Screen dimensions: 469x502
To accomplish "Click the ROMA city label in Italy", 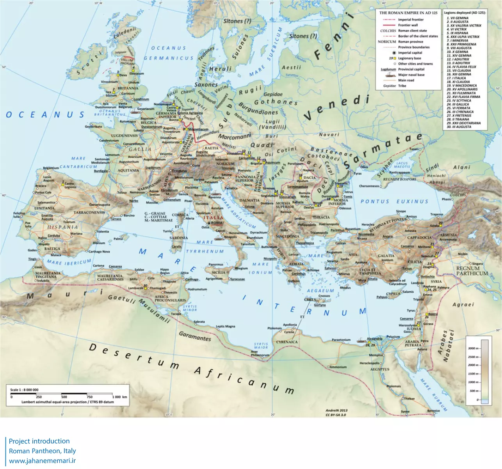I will [x=217, y=223].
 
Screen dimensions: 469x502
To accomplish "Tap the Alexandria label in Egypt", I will [x=374, y=339].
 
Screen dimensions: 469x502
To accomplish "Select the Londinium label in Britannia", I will [x=141, y=99].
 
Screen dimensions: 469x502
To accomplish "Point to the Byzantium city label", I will [x=352, y=229].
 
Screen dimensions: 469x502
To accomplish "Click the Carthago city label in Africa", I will [x=192, y=279].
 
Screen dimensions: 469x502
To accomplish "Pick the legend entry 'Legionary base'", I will [x=409, y=58].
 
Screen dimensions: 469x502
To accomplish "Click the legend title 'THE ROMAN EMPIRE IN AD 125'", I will [x=408, y=13].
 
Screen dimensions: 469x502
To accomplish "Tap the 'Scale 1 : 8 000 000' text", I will [x=24, y=390].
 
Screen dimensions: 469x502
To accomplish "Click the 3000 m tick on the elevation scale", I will [x=473, y=348].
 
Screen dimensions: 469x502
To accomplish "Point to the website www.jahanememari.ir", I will [x=42, y=461].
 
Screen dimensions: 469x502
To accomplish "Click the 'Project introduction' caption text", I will [x=39, y=441].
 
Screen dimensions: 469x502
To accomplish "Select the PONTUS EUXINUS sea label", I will [x=394, y=202].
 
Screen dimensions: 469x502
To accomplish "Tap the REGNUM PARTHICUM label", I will [x=472, y=271].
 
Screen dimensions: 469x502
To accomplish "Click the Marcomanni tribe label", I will [x=234, y=136].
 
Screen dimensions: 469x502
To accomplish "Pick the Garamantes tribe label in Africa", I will [x=195, y=336].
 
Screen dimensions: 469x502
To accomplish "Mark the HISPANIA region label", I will [x=62, y=227].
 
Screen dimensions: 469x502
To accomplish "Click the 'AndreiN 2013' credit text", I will [x=336, y=410].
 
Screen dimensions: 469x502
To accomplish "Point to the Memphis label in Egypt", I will [x=376, y=355].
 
